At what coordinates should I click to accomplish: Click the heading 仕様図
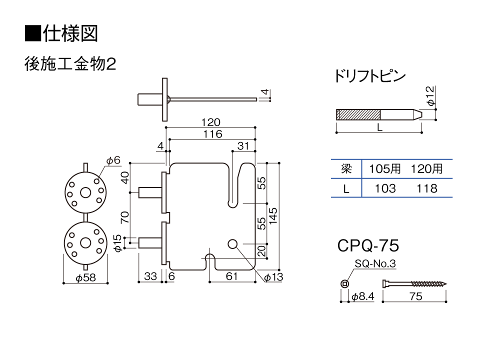70,33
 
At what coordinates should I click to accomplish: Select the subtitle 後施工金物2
70,64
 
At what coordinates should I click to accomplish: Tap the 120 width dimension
210,122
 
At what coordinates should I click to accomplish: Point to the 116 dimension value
212,134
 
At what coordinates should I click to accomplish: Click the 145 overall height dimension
273,216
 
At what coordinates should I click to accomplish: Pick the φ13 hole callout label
273,277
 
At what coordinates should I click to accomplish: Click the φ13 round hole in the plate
232,244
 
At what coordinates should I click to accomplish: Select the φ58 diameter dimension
85,277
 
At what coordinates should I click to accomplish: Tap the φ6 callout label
113,160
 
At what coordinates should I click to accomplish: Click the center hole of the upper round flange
85,192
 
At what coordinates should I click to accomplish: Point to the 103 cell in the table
385,188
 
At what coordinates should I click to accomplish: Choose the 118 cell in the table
427,188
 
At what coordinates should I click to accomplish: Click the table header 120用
426,168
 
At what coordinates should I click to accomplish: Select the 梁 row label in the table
346,168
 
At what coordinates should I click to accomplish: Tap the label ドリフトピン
370,76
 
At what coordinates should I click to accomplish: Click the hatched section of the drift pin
358,114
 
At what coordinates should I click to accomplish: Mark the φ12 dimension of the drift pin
430,96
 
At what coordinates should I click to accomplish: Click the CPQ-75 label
368,245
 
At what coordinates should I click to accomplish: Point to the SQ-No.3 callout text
375,263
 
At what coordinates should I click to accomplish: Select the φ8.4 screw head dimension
363,296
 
